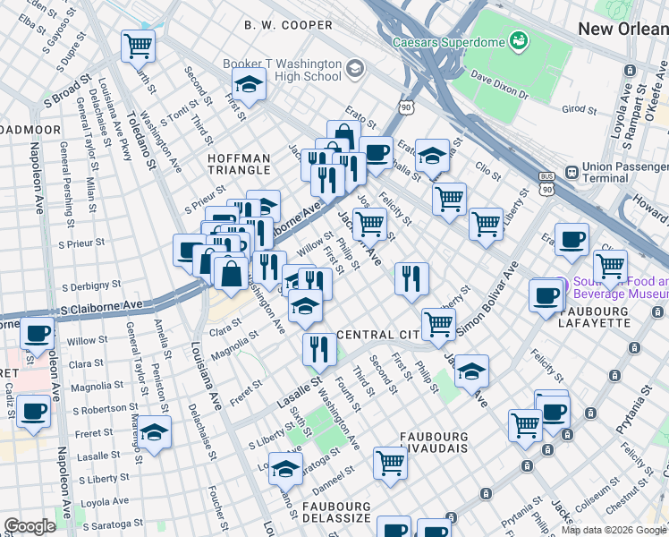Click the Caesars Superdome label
447,41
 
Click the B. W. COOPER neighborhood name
288,25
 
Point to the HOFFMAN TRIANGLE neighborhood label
238,164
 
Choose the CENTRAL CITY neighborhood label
377,334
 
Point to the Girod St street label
579,109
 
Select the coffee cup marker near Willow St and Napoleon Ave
37,333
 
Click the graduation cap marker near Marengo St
154,433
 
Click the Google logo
30,526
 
